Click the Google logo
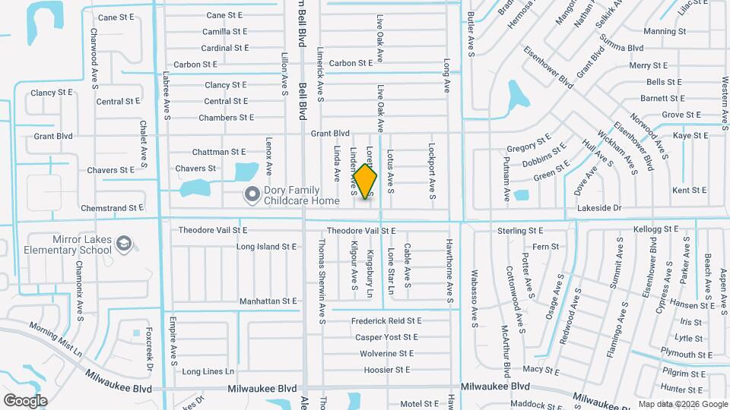click(x=25, y=400)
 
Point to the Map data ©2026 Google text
click(x=683, y=404)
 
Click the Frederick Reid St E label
click(x=387, y=320)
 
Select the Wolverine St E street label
click(x=386, y=353)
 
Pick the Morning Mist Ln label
click(x=56, y=339)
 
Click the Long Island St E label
click(x=266, y=247)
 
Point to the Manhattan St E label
click(x=268, y=301)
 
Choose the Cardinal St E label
click(x=225, y=48)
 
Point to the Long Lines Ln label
click(x=208, y=371)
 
